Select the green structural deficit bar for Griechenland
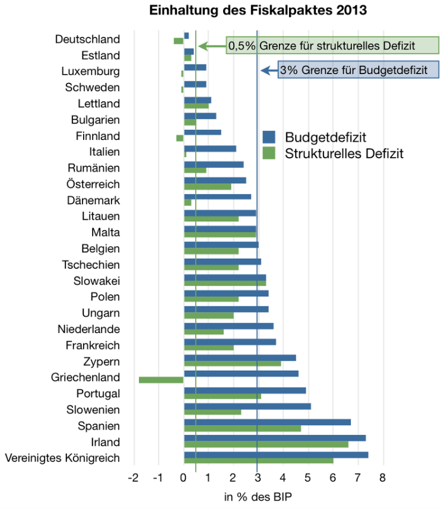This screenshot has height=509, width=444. tap(161, 380)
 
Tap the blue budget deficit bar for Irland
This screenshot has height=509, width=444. tap(274, 438)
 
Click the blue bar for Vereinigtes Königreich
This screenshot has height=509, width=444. tap(275, 454)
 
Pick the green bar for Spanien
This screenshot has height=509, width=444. tap(242, 429)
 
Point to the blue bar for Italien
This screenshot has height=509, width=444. tap(210, 148)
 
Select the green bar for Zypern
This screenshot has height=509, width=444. tap(232, 364)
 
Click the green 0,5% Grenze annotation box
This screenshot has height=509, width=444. tap(332, 46)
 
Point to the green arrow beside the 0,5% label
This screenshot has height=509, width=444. tap(211, 46)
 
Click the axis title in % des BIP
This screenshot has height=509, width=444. tap(258, 497)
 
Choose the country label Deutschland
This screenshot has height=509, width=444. tap(87, 39)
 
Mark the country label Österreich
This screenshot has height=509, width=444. tap(93, 184)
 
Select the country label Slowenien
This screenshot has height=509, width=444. tap(93, 410)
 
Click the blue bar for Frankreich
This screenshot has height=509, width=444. tap(230, 342)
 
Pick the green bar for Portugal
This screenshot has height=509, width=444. tap(222, 396)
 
